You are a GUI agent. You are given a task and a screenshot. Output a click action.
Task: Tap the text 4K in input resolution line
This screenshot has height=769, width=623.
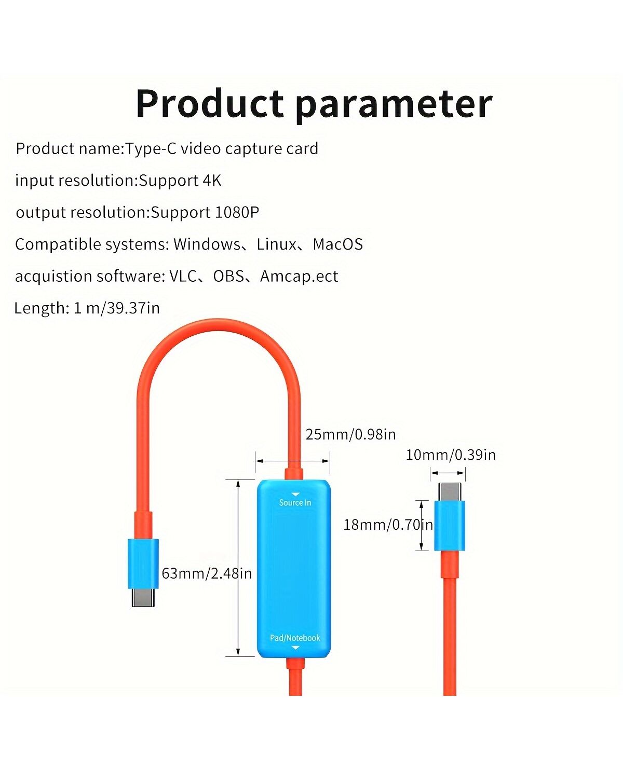point(212,180)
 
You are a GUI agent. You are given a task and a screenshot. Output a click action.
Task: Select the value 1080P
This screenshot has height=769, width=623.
point(237,212)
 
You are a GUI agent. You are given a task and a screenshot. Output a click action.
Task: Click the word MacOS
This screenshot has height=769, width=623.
point(337,244)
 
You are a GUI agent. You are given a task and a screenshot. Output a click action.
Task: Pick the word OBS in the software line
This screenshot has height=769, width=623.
point(228,276)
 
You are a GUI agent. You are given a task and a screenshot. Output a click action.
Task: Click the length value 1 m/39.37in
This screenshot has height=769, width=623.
point(116,308)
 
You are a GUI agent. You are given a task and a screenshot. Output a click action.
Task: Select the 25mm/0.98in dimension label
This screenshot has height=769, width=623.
point(350,434)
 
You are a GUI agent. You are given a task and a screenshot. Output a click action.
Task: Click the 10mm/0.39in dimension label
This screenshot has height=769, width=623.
point(451,455)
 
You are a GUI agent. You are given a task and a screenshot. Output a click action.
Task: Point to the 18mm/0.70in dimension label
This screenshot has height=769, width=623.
point(388,525)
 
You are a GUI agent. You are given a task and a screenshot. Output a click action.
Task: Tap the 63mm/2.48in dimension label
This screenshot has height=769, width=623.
point(207,573)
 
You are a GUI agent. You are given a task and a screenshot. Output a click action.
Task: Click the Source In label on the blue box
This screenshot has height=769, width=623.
point(295,503)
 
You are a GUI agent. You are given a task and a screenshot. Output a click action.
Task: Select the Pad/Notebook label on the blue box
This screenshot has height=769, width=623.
point(295,638)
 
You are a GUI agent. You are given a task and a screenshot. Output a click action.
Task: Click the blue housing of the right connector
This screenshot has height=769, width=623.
point(450,526)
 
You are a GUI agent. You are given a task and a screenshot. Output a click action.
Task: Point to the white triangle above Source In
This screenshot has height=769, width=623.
point(295,494)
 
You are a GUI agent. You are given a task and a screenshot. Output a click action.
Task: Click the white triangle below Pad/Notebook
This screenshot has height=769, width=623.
point(295,648)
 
